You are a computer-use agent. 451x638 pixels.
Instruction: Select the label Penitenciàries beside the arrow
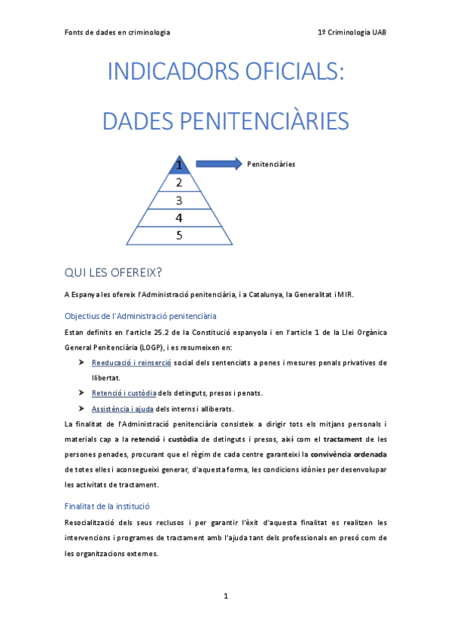pyautogui.click(x=271, y=163)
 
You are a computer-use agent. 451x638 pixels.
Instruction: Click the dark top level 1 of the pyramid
pyautogui.click(x=179, y=164)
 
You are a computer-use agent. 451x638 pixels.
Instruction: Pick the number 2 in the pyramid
pyautogui.click(x=179, y=183)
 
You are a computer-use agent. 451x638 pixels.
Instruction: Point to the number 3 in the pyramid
pyautogui.click(x=179, y=200)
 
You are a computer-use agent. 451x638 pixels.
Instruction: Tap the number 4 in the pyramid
pyautogui.click(x=179, y=218)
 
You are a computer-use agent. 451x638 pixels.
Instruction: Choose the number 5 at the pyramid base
pyautogui.click(x=179, y=235)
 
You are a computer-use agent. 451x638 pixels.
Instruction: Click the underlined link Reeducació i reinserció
pyautogui.click(x=131, y=363)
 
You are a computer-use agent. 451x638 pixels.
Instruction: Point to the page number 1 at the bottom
pyautogui.click(x=225, y=596)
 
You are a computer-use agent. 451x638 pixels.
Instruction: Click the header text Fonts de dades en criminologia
pyautogui.click(x=117, y=32)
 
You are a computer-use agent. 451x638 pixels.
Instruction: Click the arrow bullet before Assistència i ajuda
pyautogui.click(x=81, y=409)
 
